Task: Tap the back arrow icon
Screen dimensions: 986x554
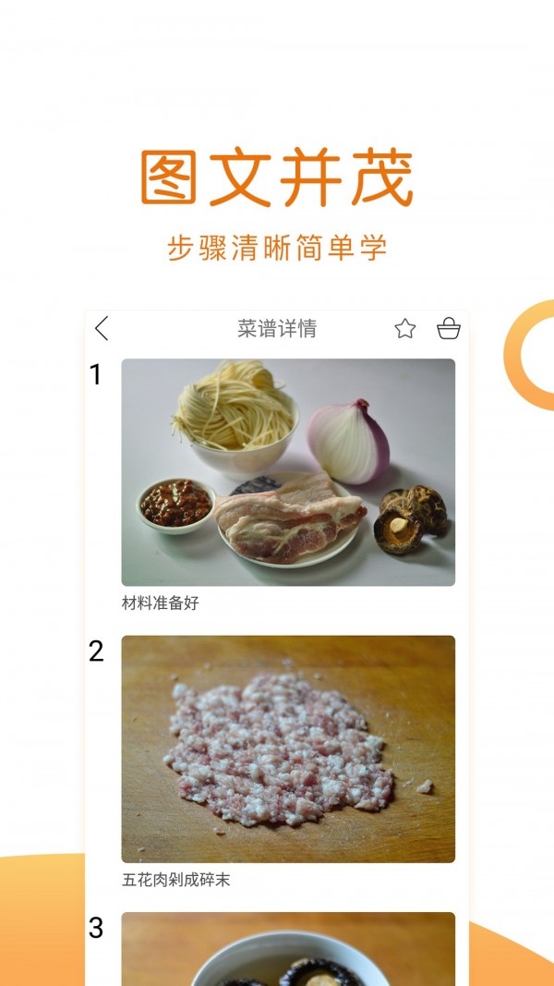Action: pyautogui.click(x=102, y=328)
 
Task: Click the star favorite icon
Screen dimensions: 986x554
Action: pyautogui.click(x=405, y=328)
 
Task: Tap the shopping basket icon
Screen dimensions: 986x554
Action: pyautogui.click(x=449, y=328)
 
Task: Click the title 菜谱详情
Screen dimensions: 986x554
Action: pyautogui.click(x=277, y=328)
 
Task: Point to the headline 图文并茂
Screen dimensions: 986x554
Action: pyautogui.click(x=277, y=178)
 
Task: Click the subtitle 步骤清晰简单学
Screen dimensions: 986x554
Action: pyautogui.click(x=277, y=248)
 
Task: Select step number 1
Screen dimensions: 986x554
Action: pyautogui.click(x=95, y=374)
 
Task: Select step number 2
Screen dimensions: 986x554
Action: pyautogui.click(x=96, y=651)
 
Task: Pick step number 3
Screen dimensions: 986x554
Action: pyautogui.click(x=96, y=928)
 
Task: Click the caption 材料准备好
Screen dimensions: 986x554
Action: pyautogui.click(x=161, y=603)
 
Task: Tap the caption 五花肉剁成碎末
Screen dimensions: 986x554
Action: pyautogui.click(x=176, y=880)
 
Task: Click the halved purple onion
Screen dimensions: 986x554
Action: pyautogui.click(x=348, y=442)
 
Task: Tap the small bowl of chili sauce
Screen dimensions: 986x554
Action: pyautogui.click(x=175, y=504)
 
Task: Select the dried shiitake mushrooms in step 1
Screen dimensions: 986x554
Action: pyautogui.click(x=411, y=517)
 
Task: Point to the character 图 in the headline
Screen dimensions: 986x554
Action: pyautogui.click(x=170, y=178)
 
